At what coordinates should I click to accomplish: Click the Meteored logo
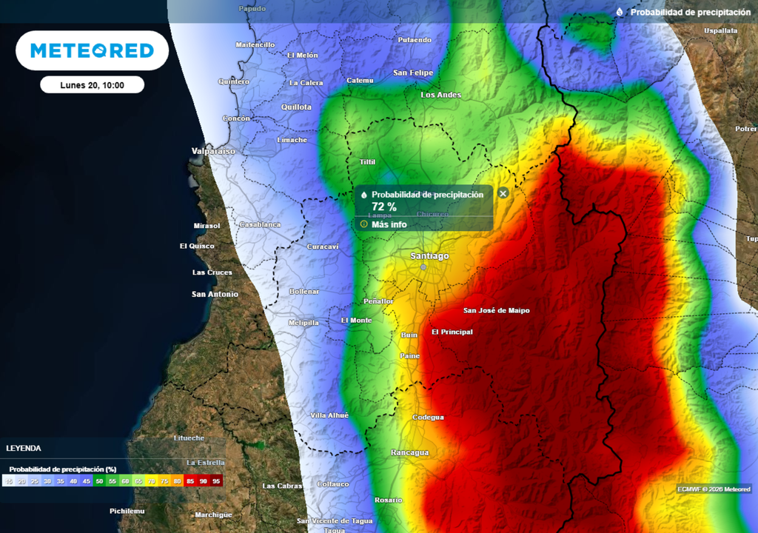pos(92,50)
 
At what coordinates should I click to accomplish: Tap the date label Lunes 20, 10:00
pos(92,85)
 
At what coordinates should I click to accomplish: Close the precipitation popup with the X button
pos(503,193)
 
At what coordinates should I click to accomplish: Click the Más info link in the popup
pos(389,224)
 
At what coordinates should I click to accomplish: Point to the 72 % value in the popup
pos(383,207)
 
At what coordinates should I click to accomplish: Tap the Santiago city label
pos(429,256)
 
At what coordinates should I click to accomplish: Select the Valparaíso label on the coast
pos(212,151)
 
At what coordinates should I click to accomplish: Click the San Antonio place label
pos(215,295)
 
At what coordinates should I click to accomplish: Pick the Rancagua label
pos(409,452)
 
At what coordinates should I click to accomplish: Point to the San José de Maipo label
pos(496,311)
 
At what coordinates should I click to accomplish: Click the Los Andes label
pos(440,95)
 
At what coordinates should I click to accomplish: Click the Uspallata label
pos(720,31)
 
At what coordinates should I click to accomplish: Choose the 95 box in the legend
pos(216,481)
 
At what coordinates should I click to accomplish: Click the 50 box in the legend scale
pos(99,481)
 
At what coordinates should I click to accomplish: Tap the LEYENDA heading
pos(24,449)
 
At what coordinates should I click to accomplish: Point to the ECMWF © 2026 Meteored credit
pos(714,489)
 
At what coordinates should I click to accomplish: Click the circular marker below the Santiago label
pos(423,267)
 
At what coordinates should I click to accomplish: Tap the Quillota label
pos(296,107)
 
